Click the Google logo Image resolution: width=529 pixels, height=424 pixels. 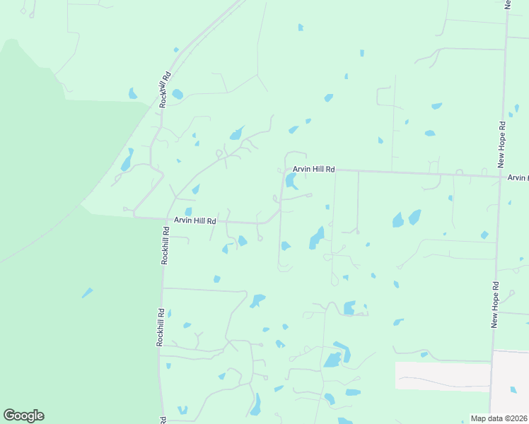tap(23, 416)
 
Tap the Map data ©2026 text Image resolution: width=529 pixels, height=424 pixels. tap(499, 418)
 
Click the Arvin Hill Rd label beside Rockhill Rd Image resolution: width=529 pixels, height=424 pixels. tap(194, 220)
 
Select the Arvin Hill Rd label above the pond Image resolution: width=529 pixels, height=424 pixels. tap(314, 170)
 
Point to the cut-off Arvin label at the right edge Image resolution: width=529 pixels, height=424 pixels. tap(518, 178)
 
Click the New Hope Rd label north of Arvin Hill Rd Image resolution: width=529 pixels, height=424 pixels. tap(501, 144)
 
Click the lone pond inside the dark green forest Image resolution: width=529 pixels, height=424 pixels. tap(86, 293)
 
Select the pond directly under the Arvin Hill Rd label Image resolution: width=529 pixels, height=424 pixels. tap(290, 182)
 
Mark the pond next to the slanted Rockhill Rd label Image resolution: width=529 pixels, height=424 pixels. tap(178, 94)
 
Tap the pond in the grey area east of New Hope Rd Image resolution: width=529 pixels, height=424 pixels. tap(513, 389)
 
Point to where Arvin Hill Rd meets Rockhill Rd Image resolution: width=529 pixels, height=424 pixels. tap(134, 217)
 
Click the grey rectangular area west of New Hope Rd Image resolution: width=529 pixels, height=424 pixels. tap(442, 377)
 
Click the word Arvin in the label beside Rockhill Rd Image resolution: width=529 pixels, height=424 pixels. tap(183, 220)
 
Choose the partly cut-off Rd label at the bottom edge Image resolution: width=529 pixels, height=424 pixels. tap(164, 420)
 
